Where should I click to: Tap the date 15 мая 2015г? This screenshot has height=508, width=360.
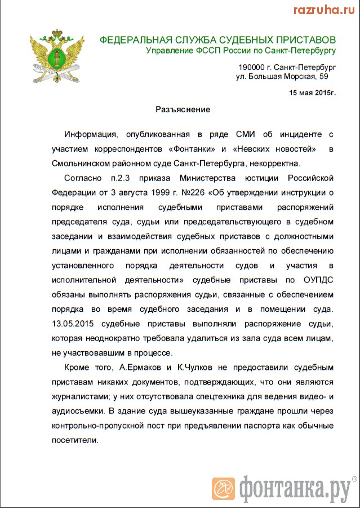click(312, 92)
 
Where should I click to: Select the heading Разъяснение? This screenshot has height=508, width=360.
click(183, 109)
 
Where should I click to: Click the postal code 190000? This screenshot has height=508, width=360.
click(252, 67)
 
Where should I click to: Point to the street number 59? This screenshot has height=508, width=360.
click(323, 76)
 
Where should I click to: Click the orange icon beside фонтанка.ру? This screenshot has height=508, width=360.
click(223, 489)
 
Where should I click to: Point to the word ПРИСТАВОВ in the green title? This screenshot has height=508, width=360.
click(300, 40)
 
